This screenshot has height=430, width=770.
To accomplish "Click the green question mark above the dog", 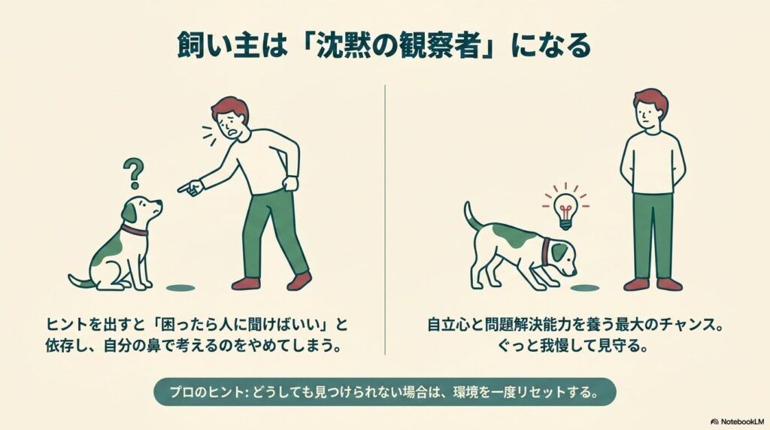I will coord(135,173).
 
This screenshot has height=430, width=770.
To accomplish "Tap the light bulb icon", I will coord(565,205).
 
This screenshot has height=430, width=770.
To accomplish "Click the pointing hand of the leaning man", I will coord(189,186).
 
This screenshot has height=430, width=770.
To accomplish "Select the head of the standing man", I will coord(650,110).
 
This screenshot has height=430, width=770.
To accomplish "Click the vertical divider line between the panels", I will coord(385,218).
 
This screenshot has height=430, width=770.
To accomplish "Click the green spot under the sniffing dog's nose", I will coord(586,287).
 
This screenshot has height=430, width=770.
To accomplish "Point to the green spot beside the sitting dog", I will coord(180,286).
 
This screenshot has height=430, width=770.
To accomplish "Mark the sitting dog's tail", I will coord(80,281).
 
